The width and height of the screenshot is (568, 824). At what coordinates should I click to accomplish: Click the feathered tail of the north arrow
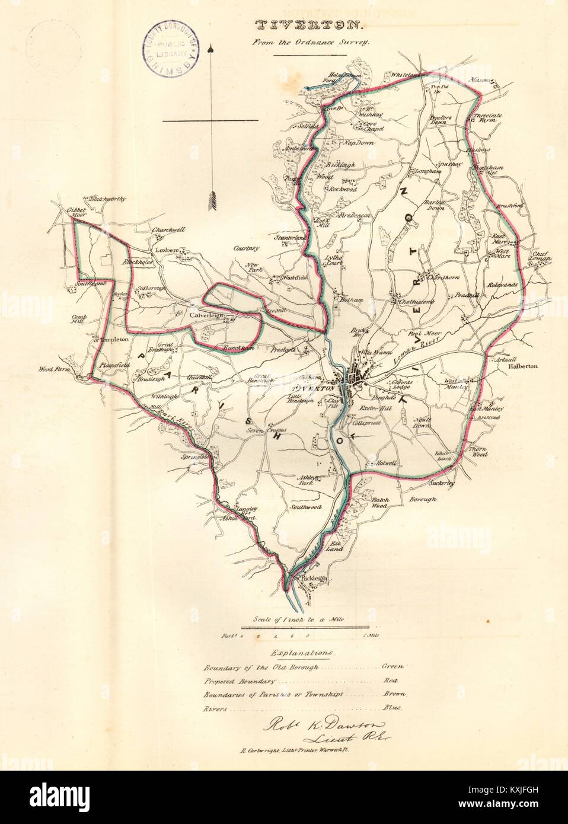pyautogui.click(x=210, y=202)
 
